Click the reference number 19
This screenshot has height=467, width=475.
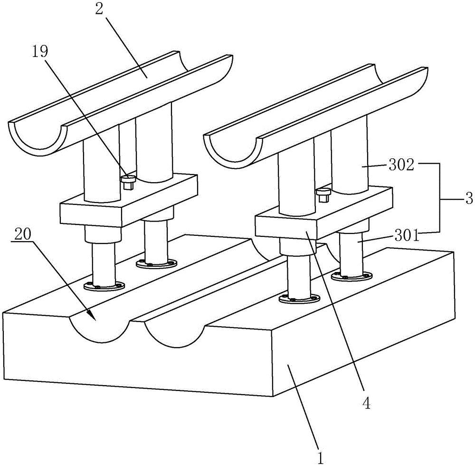40,52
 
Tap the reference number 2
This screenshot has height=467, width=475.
99,10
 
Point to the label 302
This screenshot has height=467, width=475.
401,165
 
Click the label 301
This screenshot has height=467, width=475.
407,235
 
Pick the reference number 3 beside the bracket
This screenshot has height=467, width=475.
468,199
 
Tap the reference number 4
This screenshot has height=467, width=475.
367,403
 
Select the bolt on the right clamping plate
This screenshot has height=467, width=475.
324,195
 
